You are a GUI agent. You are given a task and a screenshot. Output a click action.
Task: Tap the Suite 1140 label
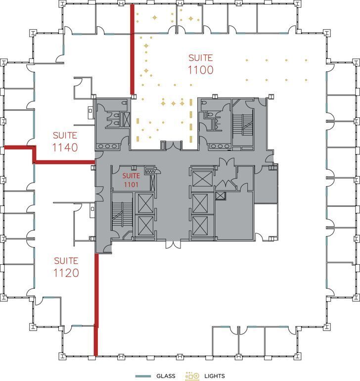[x=65, y=142]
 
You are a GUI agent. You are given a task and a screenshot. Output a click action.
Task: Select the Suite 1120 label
[x=66, y=267]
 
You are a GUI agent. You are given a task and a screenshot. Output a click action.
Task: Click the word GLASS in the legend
[x=166, y=376]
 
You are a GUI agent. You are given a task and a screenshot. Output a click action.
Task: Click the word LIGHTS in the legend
[x=213, y=376]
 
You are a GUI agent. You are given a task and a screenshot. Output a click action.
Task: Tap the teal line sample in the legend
[x=143, y=376]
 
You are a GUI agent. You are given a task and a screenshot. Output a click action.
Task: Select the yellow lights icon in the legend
[x=192, y=376]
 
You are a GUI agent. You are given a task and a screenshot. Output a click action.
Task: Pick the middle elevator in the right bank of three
[x=201, y=203]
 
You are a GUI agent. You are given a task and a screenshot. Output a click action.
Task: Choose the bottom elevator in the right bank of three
[x=201, y=226]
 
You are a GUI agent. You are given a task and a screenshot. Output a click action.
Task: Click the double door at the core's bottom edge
[x=173, y=244]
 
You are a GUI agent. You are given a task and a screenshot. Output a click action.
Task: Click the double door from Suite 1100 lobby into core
[x=171, y=145]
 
